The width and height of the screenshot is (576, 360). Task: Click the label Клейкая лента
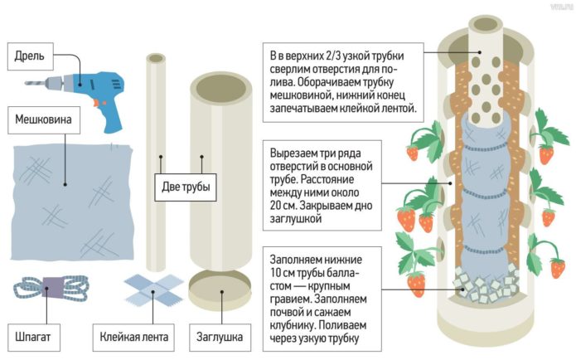click(x=134, y=338)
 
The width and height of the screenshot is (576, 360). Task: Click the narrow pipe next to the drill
click(x=156, y=149)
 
